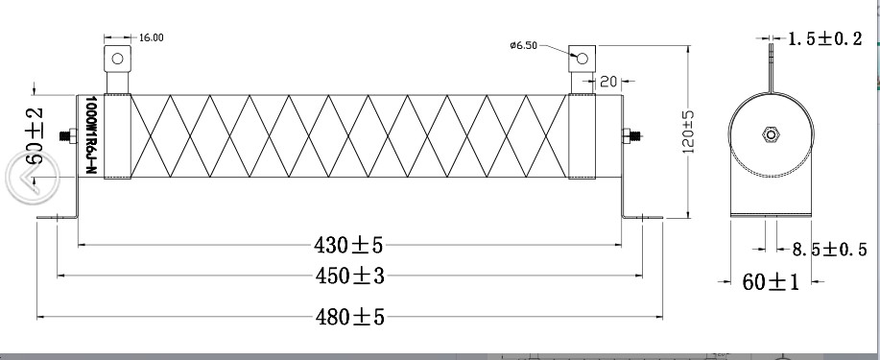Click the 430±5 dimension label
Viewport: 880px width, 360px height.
click(x=348, y=245)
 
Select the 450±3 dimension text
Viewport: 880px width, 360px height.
click(x=349, y=276)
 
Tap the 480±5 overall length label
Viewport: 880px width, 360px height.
click(x=349, y=318)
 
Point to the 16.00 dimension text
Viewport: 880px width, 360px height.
click(x=151, y=37)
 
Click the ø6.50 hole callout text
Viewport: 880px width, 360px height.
click(x=524, y=45)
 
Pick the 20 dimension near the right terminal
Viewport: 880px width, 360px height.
click(x=608, y=82)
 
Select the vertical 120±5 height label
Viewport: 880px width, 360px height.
click(x=689, y=132)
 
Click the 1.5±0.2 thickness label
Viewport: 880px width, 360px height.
click(x=825, y=38)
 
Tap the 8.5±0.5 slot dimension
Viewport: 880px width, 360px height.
click(x=829, y=250)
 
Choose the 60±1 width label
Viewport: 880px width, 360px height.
click(x=771, y=282)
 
